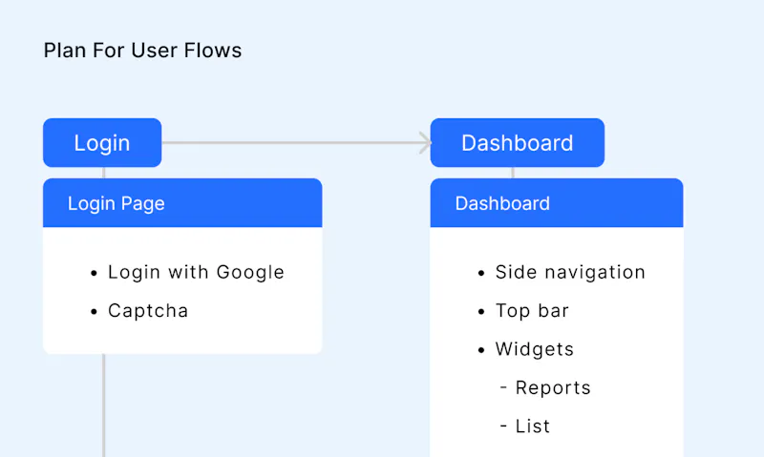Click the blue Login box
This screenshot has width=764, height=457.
point(102,142)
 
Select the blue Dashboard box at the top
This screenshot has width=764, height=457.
point(518,142)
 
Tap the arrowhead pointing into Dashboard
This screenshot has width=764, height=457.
point(425,142)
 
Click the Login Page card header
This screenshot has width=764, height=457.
point(182,203)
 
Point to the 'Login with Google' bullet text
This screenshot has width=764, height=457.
point(196,272)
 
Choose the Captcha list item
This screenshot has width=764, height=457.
point(148,310)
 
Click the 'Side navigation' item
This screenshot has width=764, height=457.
point(570,272)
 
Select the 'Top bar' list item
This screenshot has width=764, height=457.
point(532,310)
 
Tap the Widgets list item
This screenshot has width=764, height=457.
point(535,349)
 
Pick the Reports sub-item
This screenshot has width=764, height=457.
point(553,388)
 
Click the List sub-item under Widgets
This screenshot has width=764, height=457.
point(533,426)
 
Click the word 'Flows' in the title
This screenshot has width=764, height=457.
point(212,51)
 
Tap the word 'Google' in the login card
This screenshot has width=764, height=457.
point(250,273)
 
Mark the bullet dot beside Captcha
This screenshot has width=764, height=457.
point(94,311)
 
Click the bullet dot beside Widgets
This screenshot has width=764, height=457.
point(481,350)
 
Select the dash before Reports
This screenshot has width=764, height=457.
point(504,388)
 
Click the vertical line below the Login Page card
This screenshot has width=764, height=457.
point(104,405)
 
